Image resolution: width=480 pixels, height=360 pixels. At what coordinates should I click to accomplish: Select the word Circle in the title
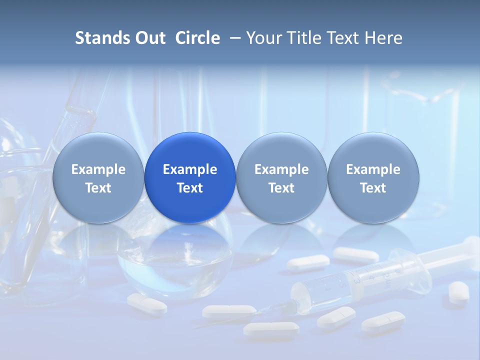click(x=197, y=38)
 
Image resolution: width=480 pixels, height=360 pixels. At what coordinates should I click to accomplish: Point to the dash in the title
click(x=235, y=38)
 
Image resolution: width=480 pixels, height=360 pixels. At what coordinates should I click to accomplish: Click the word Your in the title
click(x=263, y=38)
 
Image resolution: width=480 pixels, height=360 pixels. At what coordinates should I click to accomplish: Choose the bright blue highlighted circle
click(x=190, y=177)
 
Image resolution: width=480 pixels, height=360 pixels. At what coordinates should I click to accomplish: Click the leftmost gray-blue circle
click(x=98, y=177)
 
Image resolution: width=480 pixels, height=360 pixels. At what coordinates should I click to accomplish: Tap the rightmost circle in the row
click(x=373, y=177)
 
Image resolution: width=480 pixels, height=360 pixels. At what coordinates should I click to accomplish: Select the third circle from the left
click(x=281, y=177)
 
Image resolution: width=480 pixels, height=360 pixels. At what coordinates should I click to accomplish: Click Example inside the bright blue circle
click(x=190, y=169)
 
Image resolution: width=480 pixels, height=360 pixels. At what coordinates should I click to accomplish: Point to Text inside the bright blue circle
click(x=190, y=188)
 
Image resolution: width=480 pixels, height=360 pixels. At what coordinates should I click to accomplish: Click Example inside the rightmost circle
click(x=373, y=169)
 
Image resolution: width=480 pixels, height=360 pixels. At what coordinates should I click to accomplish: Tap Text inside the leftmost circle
click(x=98, y=188)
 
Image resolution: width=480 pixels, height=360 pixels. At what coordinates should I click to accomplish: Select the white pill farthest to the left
click(x=146, y=303)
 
